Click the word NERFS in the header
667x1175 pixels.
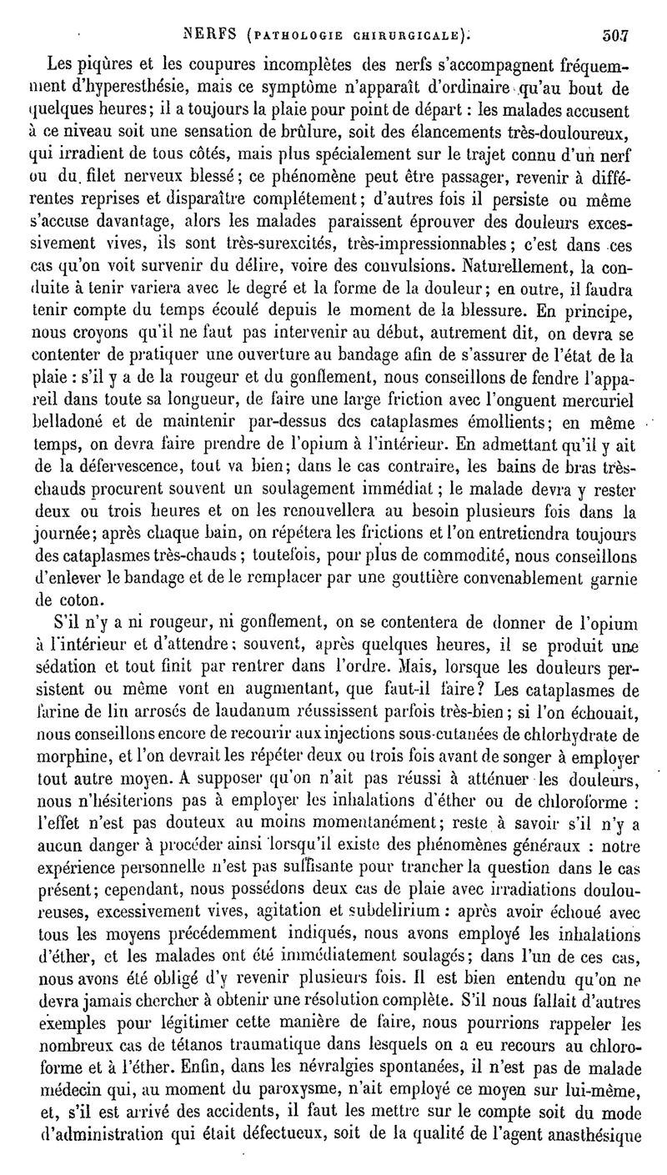coord(215,36)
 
